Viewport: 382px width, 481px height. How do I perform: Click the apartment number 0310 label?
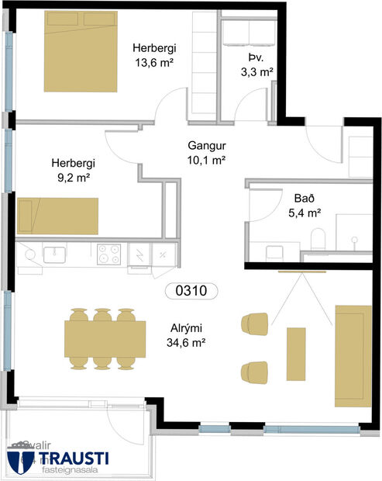point(191,292)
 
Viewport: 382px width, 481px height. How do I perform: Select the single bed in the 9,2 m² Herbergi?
point(57,216)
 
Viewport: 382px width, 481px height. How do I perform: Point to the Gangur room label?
point(206,145)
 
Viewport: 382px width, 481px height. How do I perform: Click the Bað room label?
point(303,197)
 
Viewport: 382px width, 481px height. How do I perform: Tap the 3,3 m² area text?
point(256,72)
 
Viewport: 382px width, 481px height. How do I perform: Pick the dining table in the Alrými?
point(105,338)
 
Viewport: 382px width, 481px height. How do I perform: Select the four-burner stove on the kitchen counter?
point(108,252)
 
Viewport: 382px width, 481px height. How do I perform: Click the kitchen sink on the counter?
point(54,252)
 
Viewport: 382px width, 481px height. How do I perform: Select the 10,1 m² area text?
point(207,160)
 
